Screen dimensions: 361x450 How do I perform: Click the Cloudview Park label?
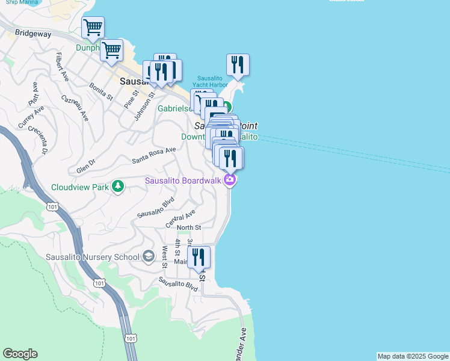[80, 187]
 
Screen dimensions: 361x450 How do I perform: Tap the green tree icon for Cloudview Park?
[119, 187]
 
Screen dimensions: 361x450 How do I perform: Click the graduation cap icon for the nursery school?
[148, 257]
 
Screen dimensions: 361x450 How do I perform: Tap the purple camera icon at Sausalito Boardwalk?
[229, 180]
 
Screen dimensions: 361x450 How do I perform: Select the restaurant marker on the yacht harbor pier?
[238, 65]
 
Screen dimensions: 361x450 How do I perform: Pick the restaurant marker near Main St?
[199, 257]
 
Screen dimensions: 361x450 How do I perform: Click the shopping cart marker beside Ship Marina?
[93, 27]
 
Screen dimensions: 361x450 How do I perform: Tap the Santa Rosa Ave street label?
[154, 155]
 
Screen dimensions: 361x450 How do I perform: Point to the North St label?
[189, 227]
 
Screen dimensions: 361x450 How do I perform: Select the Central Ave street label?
[181, 218]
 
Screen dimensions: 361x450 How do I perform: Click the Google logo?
[20, 354]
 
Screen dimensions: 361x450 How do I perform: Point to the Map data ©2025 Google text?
[413, 356]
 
